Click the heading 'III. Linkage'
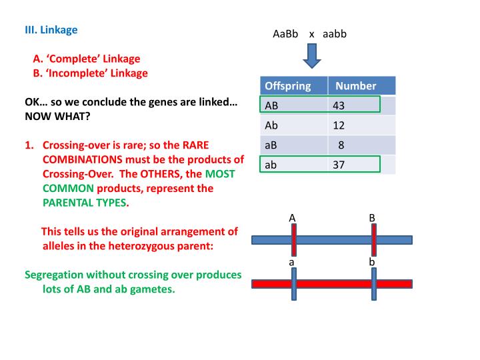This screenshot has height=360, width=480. pyautogui.click(x=51, y=30)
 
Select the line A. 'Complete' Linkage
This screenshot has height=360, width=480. pyautogui.click(x=87, y=59)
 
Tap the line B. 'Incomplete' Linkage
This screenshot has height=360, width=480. pyautogui.click(x=91, y=73)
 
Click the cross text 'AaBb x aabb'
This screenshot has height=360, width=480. pyautogui.click(x=309, y=34)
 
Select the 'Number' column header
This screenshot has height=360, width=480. pyautogui.click(x=355, y=86)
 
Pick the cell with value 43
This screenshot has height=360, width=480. pyautogui.click(x=339, y=105)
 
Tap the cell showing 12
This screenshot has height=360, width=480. pyautogui.click(x=339, y=125)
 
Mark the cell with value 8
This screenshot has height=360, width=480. pyautogui.click(x=341, y=145)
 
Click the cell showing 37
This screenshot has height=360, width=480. pyautogui.click(x=339, y=165)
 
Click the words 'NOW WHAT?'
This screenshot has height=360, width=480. pyautogui.click(x=57, y=116)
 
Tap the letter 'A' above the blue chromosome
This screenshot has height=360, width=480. pyautogui.click(x=292, y=218)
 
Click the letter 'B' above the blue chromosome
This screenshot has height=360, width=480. pyautogui.click(x=372, y=218)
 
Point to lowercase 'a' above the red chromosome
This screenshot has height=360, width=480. pyautogui.click(x=292, y=263)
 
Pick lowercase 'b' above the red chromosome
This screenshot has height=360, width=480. pyautogui.click(x=372, y=263)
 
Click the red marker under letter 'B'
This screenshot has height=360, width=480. pyautogui.click(x=373, y=239)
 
